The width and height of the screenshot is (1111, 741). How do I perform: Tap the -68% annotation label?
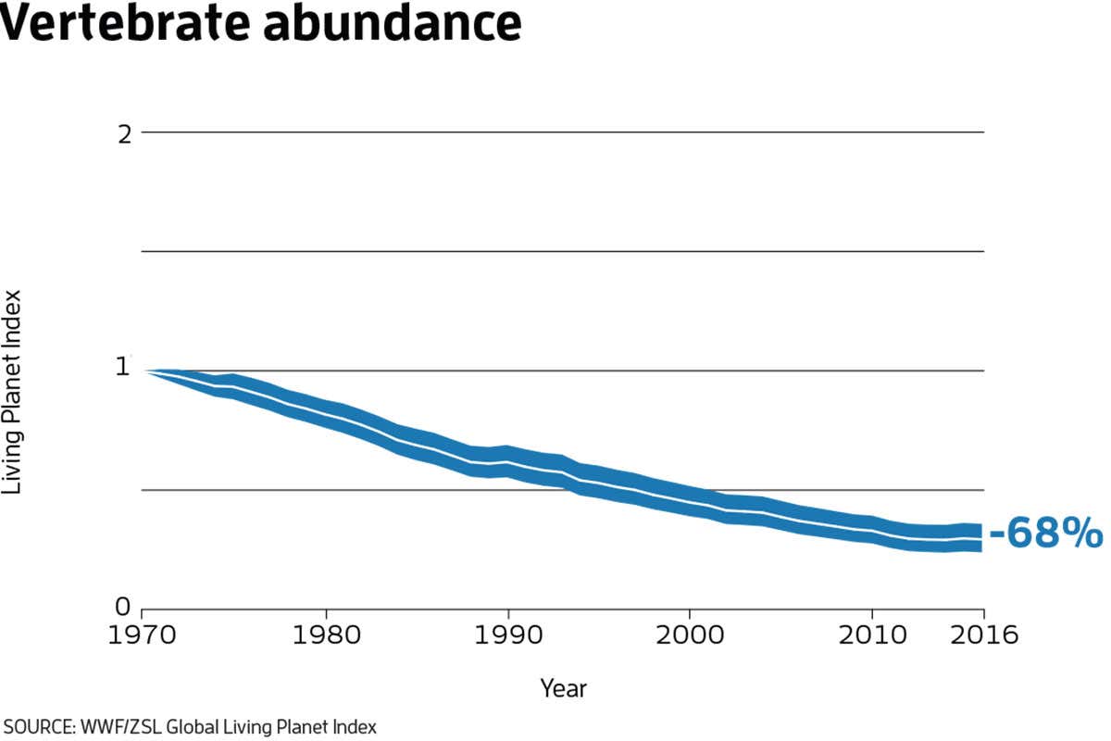(1045, 534)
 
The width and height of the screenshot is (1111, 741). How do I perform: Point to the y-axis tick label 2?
(123, 132)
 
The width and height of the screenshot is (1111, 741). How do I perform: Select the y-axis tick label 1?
(123, 367)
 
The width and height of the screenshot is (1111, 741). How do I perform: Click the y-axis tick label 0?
(123, 607)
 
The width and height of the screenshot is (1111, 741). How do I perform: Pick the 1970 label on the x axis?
(142, 635)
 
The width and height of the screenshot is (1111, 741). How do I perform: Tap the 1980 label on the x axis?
(325, 635)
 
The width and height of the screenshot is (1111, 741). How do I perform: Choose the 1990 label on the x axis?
(508, 635)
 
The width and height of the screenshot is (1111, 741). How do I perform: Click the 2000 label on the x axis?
(690, 635)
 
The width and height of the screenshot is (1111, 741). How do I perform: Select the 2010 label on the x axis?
(871, 635)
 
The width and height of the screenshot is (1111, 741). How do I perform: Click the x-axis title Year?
(563, 688)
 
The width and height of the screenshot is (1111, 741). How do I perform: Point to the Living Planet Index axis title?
(12, 394)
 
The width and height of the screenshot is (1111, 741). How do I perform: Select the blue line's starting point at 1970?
(144, 370)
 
